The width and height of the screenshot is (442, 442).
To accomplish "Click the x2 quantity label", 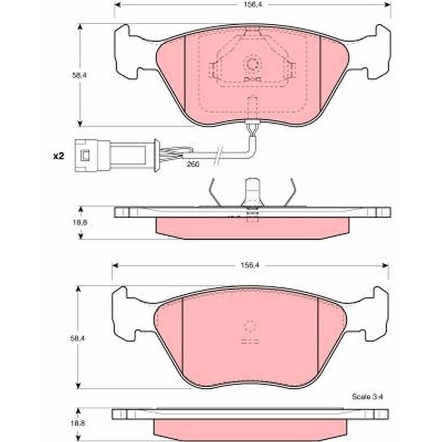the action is [x=59, y=156].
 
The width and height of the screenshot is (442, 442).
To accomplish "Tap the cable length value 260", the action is [x=193, y=164].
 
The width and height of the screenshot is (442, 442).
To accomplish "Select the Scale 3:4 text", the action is [x=367, y=397].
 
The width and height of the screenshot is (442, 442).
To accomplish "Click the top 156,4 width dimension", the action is [x=252, y=4].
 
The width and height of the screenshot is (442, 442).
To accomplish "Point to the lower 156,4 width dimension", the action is [x=250, y=265].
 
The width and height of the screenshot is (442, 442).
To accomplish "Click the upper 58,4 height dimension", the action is [x=80, y=76].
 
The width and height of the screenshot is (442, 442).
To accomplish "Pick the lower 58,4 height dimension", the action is [x=77, y=338].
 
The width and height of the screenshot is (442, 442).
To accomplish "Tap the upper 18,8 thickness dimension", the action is [x=80, y=223].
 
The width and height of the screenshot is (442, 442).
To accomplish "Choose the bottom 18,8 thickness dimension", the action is [x=78, y=423].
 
